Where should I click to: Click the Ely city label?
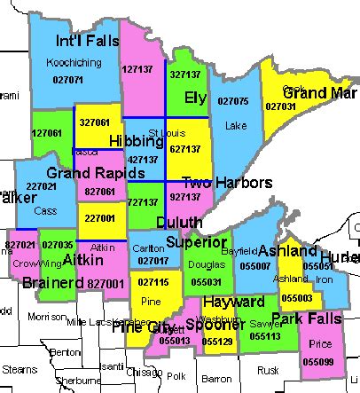196,97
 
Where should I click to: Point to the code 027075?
234,101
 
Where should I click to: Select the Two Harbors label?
227,183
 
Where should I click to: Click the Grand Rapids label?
82,171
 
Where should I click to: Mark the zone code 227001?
99,218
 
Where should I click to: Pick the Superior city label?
192,241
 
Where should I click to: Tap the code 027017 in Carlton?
153,261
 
